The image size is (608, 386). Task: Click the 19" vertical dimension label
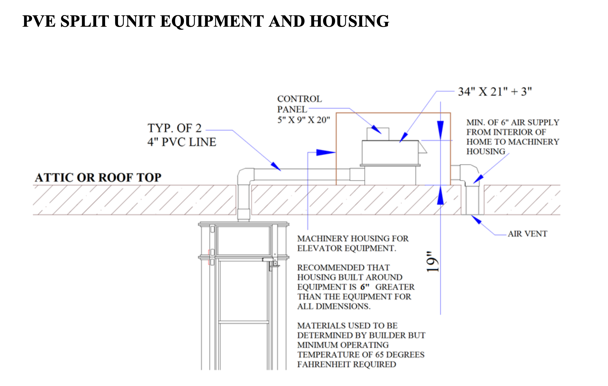(432, 262)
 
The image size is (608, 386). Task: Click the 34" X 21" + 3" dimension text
(495, 92)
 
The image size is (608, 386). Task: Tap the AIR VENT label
(527, 234)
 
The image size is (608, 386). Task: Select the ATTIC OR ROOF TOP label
(98, 178)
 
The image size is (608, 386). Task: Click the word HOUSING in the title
(349, 21)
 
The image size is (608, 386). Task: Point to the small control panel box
(378, 134)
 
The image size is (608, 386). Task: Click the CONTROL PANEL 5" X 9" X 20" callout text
(303, 109)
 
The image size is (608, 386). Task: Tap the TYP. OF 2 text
(174, 128)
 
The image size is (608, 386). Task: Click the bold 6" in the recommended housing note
(365, 287)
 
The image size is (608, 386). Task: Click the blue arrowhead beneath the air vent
(477, 220)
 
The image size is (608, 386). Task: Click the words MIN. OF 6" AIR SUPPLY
(513, 123)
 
